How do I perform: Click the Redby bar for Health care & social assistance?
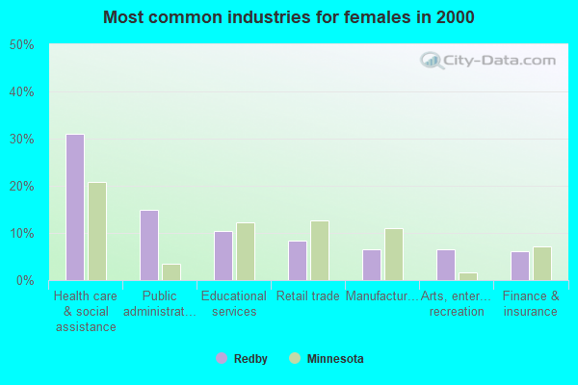[75, 207]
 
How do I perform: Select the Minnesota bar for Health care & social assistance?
[97, 231]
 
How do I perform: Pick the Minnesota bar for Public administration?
[171, 272]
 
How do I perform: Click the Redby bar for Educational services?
[223, 256]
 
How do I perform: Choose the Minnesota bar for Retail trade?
[320, 250]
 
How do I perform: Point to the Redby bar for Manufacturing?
[372, 265]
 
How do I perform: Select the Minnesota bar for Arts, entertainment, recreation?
[468, 276]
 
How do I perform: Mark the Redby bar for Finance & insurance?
[520, 266]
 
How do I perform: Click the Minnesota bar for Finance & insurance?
[542, 264]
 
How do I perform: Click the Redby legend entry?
[242, 359]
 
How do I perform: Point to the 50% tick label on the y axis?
[21, 45]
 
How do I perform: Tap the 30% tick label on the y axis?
[21, 140]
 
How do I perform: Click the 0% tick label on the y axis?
[25, 281]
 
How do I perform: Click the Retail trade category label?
[307, 296]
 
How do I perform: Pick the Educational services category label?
[234, 304]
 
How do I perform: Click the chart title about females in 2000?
[289, 17]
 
